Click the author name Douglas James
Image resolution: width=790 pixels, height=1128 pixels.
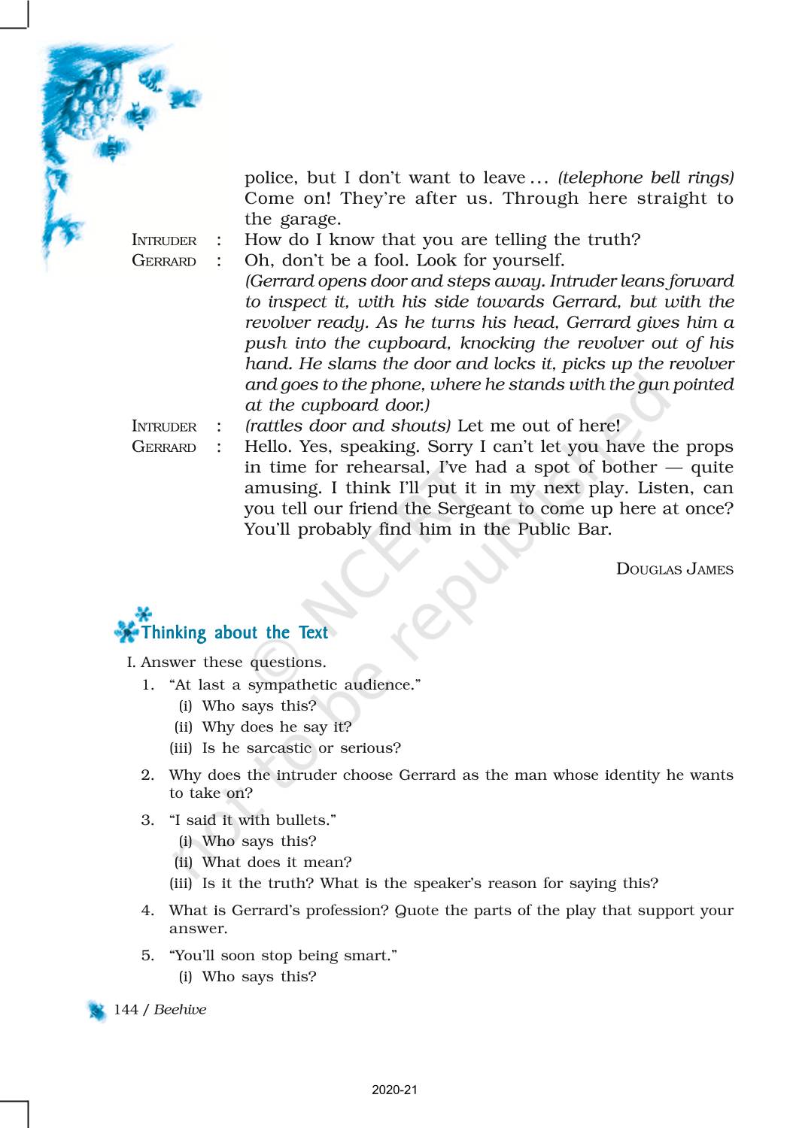[x=674, y=569]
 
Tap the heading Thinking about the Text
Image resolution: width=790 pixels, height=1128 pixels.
[x=234, y=632]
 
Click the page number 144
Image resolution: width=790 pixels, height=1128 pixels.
[x=126, y=1009]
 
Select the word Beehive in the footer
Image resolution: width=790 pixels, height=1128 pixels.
[x=180, y=1009]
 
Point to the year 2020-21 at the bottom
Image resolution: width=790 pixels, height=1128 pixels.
[x=394, y=1090]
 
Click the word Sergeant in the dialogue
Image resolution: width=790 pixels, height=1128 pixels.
[x=466, y=508]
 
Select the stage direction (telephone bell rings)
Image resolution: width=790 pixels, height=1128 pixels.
[x=646, y=178]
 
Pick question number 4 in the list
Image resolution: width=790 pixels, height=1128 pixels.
[x=147, y=911]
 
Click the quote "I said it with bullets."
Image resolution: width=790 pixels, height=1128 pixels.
[x=253, y=820]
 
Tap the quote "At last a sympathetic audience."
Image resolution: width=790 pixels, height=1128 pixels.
[x=295, y=685]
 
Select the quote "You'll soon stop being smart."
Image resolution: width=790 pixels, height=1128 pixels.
[x=283, y=956]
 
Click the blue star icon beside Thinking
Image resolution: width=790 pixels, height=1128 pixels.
[x=128, y=627]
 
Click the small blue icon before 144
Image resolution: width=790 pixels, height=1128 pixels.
[x=97, y=1011]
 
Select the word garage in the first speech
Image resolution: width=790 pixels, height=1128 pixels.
[x=310, y=220]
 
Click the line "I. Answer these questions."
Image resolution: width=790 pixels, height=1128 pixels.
[x=226, y=663]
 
